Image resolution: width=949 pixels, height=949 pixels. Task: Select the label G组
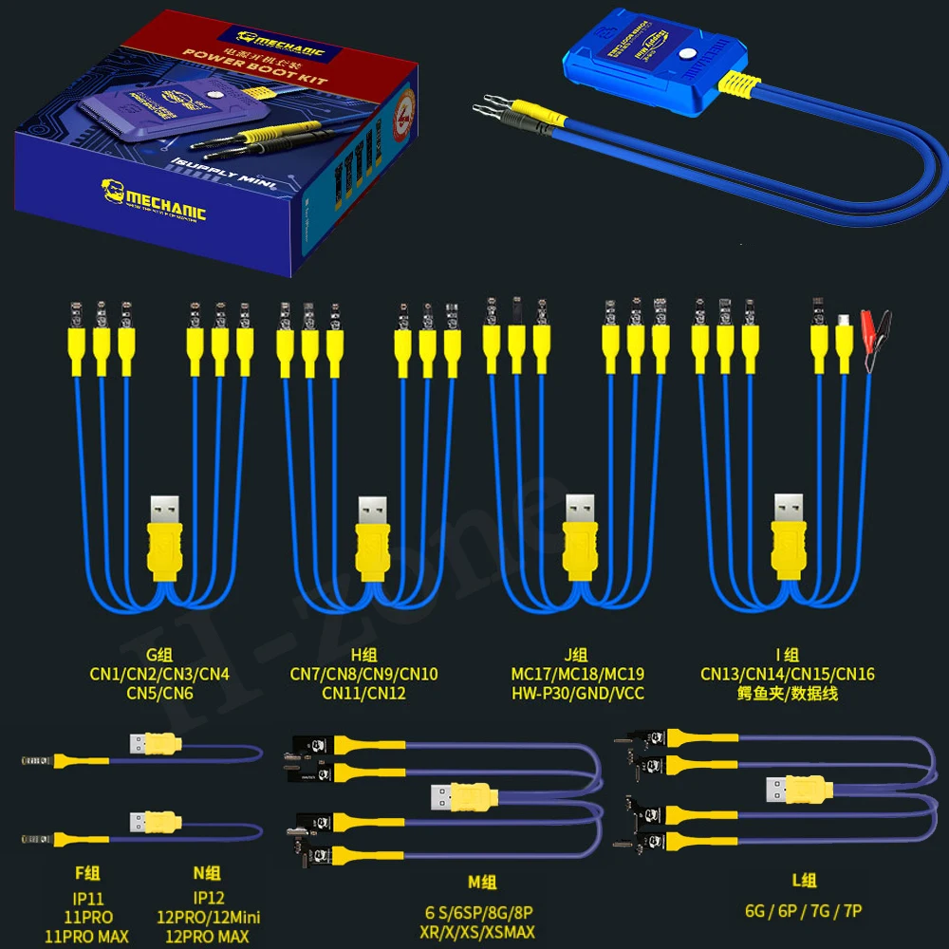pos(159,655)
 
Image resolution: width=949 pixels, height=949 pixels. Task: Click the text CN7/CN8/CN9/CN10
pos(364,674)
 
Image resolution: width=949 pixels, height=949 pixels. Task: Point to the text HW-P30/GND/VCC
pos(577,693)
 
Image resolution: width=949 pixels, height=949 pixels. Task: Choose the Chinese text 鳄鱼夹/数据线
pos(788,693)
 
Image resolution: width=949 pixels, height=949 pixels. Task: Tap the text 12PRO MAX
pos(207,936)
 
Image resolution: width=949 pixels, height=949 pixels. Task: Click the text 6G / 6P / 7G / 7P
pos(803,911)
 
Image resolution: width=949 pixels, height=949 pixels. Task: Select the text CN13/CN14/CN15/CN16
pos(788,674)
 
